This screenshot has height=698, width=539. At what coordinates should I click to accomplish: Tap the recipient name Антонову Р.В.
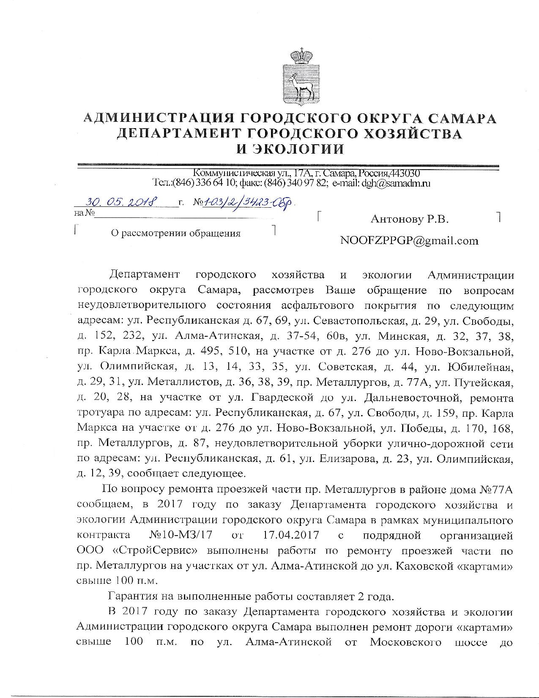(x=409, y=219)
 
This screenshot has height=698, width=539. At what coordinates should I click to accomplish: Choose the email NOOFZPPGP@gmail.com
(x=409, y=241)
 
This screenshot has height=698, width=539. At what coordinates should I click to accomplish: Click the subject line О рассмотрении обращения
(x=175, y=233)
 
